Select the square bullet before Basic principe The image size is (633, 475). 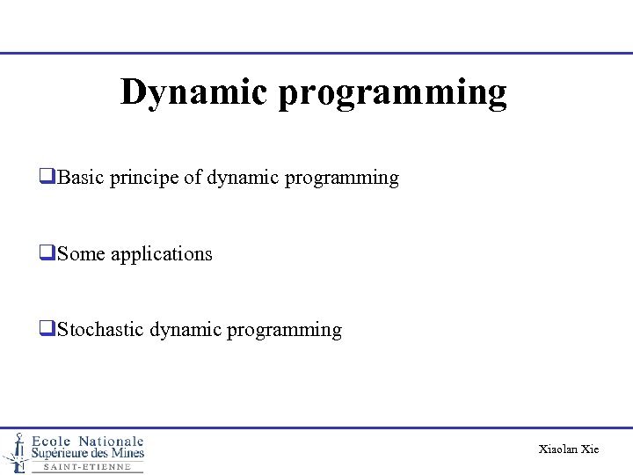pyautogui.click(x=47, y=178)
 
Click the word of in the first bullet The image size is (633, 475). pyautogui.click(x=193, y=178)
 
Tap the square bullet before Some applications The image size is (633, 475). pyautogui.click(x=47, y=254)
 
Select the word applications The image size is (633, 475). pyautogui.click(x=162, y=255)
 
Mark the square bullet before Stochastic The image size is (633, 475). pyautogui.click(x=47, y=330)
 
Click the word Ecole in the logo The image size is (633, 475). pyautogui.click(x=52, y=441)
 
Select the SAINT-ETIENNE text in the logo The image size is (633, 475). pyautogui.click(x=86, y=467)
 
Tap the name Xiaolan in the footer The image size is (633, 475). pyautogui.click(x=558, y=449)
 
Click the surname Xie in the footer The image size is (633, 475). pyautogui.click(x=590, y=449)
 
